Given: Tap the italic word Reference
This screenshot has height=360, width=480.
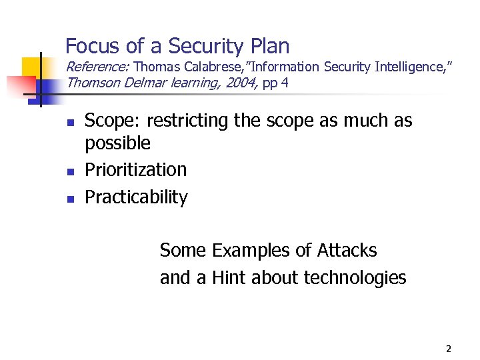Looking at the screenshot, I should [x=97, y=67].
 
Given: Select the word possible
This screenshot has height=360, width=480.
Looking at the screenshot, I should [x=118, y=143].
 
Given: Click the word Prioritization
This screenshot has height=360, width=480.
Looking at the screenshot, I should [x=136, y=169].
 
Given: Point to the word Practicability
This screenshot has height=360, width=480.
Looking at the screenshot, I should [x=137, y=197].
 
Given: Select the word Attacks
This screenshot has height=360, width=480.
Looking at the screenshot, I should [x=347, y=251].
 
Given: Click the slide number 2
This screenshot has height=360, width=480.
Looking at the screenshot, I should [x=448, y=349].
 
